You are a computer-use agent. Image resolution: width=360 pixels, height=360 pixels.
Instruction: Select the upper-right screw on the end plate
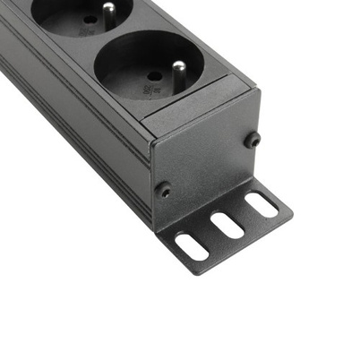(253, 139)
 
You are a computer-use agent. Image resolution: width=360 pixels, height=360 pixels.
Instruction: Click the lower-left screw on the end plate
(164, 189)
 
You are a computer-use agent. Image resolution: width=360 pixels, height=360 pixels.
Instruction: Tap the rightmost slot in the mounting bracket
(261, 205)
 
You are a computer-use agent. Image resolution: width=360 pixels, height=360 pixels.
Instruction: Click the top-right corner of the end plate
(259, 90)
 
